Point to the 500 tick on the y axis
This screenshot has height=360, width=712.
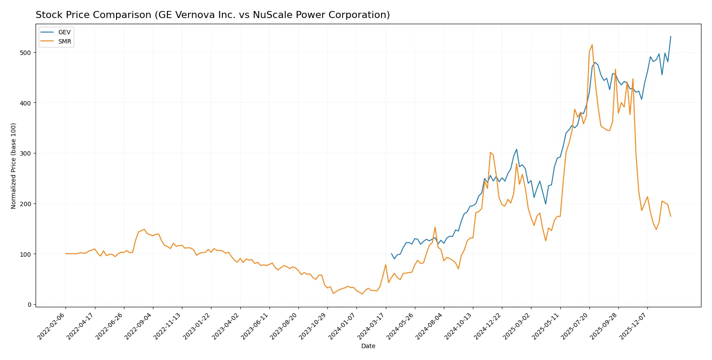tap(25, 53)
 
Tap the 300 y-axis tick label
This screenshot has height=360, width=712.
tap(25, 153)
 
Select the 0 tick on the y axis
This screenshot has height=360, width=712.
tap(29, 305)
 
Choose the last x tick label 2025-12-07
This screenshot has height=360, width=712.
tap(634, 326)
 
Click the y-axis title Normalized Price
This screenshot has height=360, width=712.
tap(14, 166)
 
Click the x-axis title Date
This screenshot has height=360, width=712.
tap(368, 346)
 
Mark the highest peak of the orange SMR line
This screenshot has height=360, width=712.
tap(592, 44)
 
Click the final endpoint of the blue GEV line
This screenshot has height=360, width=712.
tap(671, 36)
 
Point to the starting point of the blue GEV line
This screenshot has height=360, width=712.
tap(392, 254)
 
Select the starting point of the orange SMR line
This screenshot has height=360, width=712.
tap(65, 254)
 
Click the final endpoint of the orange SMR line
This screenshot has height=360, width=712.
tap(671, 216)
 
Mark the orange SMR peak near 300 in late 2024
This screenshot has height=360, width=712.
tap(490, 153)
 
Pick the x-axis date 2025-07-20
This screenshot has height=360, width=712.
tap(575, 326)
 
